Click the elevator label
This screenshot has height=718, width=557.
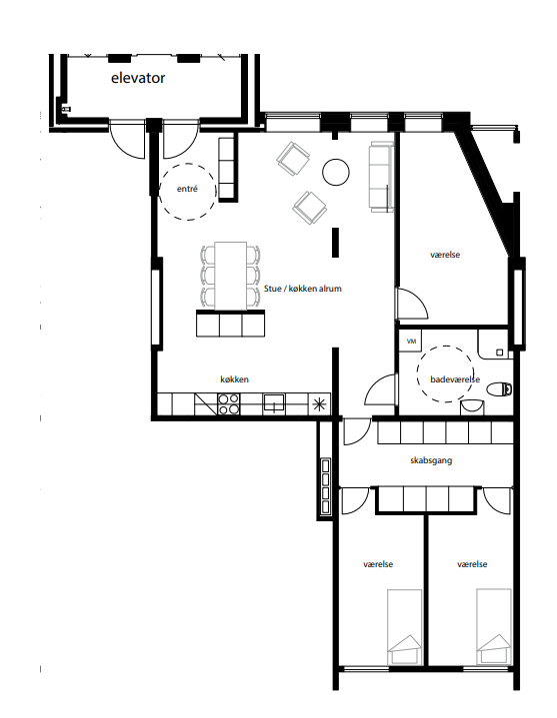[x=138, y=78]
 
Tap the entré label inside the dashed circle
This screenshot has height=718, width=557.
[x=187, y=189]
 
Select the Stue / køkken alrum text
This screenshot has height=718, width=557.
[x=303, y=289]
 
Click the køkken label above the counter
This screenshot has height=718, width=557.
[x=234, y=379]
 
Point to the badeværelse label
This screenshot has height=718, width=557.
[x=455, y=379]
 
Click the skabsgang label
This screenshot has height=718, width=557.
[x=431, y=460]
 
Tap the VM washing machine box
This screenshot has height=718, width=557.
[x=411, y=342]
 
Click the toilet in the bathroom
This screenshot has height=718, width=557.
[x=499, y=389]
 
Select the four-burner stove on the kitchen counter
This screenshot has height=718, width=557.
[x=228, y=404]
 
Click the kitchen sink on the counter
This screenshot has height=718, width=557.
[x=274, y=403]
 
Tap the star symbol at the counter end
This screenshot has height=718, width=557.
[x=319, y=404]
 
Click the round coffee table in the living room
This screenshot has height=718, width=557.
[x=336, y=172]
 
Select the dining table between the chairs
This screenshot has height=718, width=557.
[x=231, y=276]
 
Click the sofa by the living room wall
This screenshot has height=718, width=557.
[x=381, y=177]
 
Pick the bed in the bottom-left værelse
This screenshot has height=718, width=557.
[x=405, y=627]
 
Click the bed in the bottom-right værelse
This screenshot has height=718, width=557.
[x=494, y=626]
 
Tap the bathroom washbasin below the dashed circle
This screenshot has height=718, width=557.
[x=472, y=406]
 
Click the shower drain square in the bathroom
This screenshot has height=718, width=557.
[x=500, y=353]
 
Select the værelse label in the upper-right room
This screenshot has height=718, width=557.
[x=445, y=255]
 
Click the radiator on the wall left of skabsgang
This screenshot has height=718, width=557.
[x=326, y=486]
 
